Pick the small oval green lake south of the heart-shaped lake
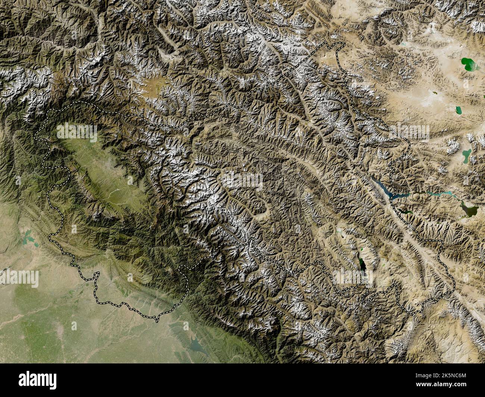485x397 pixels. click(x=458, y=110)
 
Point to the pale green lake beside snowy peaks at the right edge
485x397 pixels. click(x=467, y=154)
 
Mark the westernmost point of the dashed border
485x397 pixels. click(x=35, y=138)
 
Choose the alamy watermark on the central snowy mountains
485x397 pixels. click(x=242, y=181)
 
